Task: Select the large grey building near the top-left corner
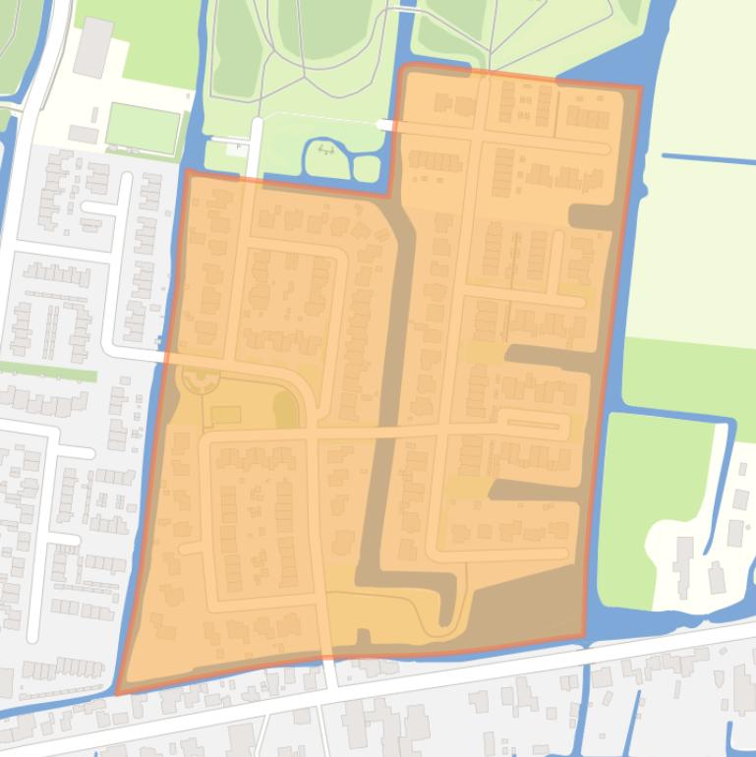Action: tap(93, 46)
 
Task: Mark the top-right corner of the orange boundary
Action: tap(640, 87)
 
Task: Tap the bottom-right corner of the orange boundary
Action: tap(584, 636)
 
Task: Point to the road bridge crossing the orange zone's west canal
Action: tap(163, 356)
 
